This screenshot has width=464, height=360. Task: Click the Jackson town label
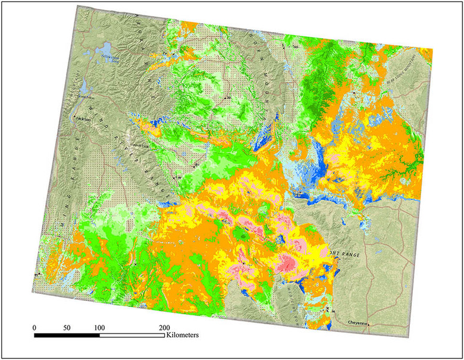point(83,119)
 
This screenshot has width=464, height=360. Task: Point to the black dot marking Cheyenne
point(368,324)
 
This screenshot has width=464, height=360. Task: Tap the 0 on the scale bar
point(35,328)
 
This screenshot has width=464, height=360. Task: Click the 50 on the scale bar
point(67,328)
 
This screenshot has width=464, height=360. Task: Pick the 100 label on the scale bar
point(99,328)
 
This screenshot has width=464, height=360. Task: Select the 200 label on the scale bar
point(164,328)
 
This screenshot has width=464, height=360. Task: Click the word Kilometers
point(182,336)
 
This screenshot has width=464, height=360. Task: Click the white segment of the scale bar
point(131,336)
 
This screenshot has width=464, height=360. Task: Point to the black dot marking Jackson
point(74,118)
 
